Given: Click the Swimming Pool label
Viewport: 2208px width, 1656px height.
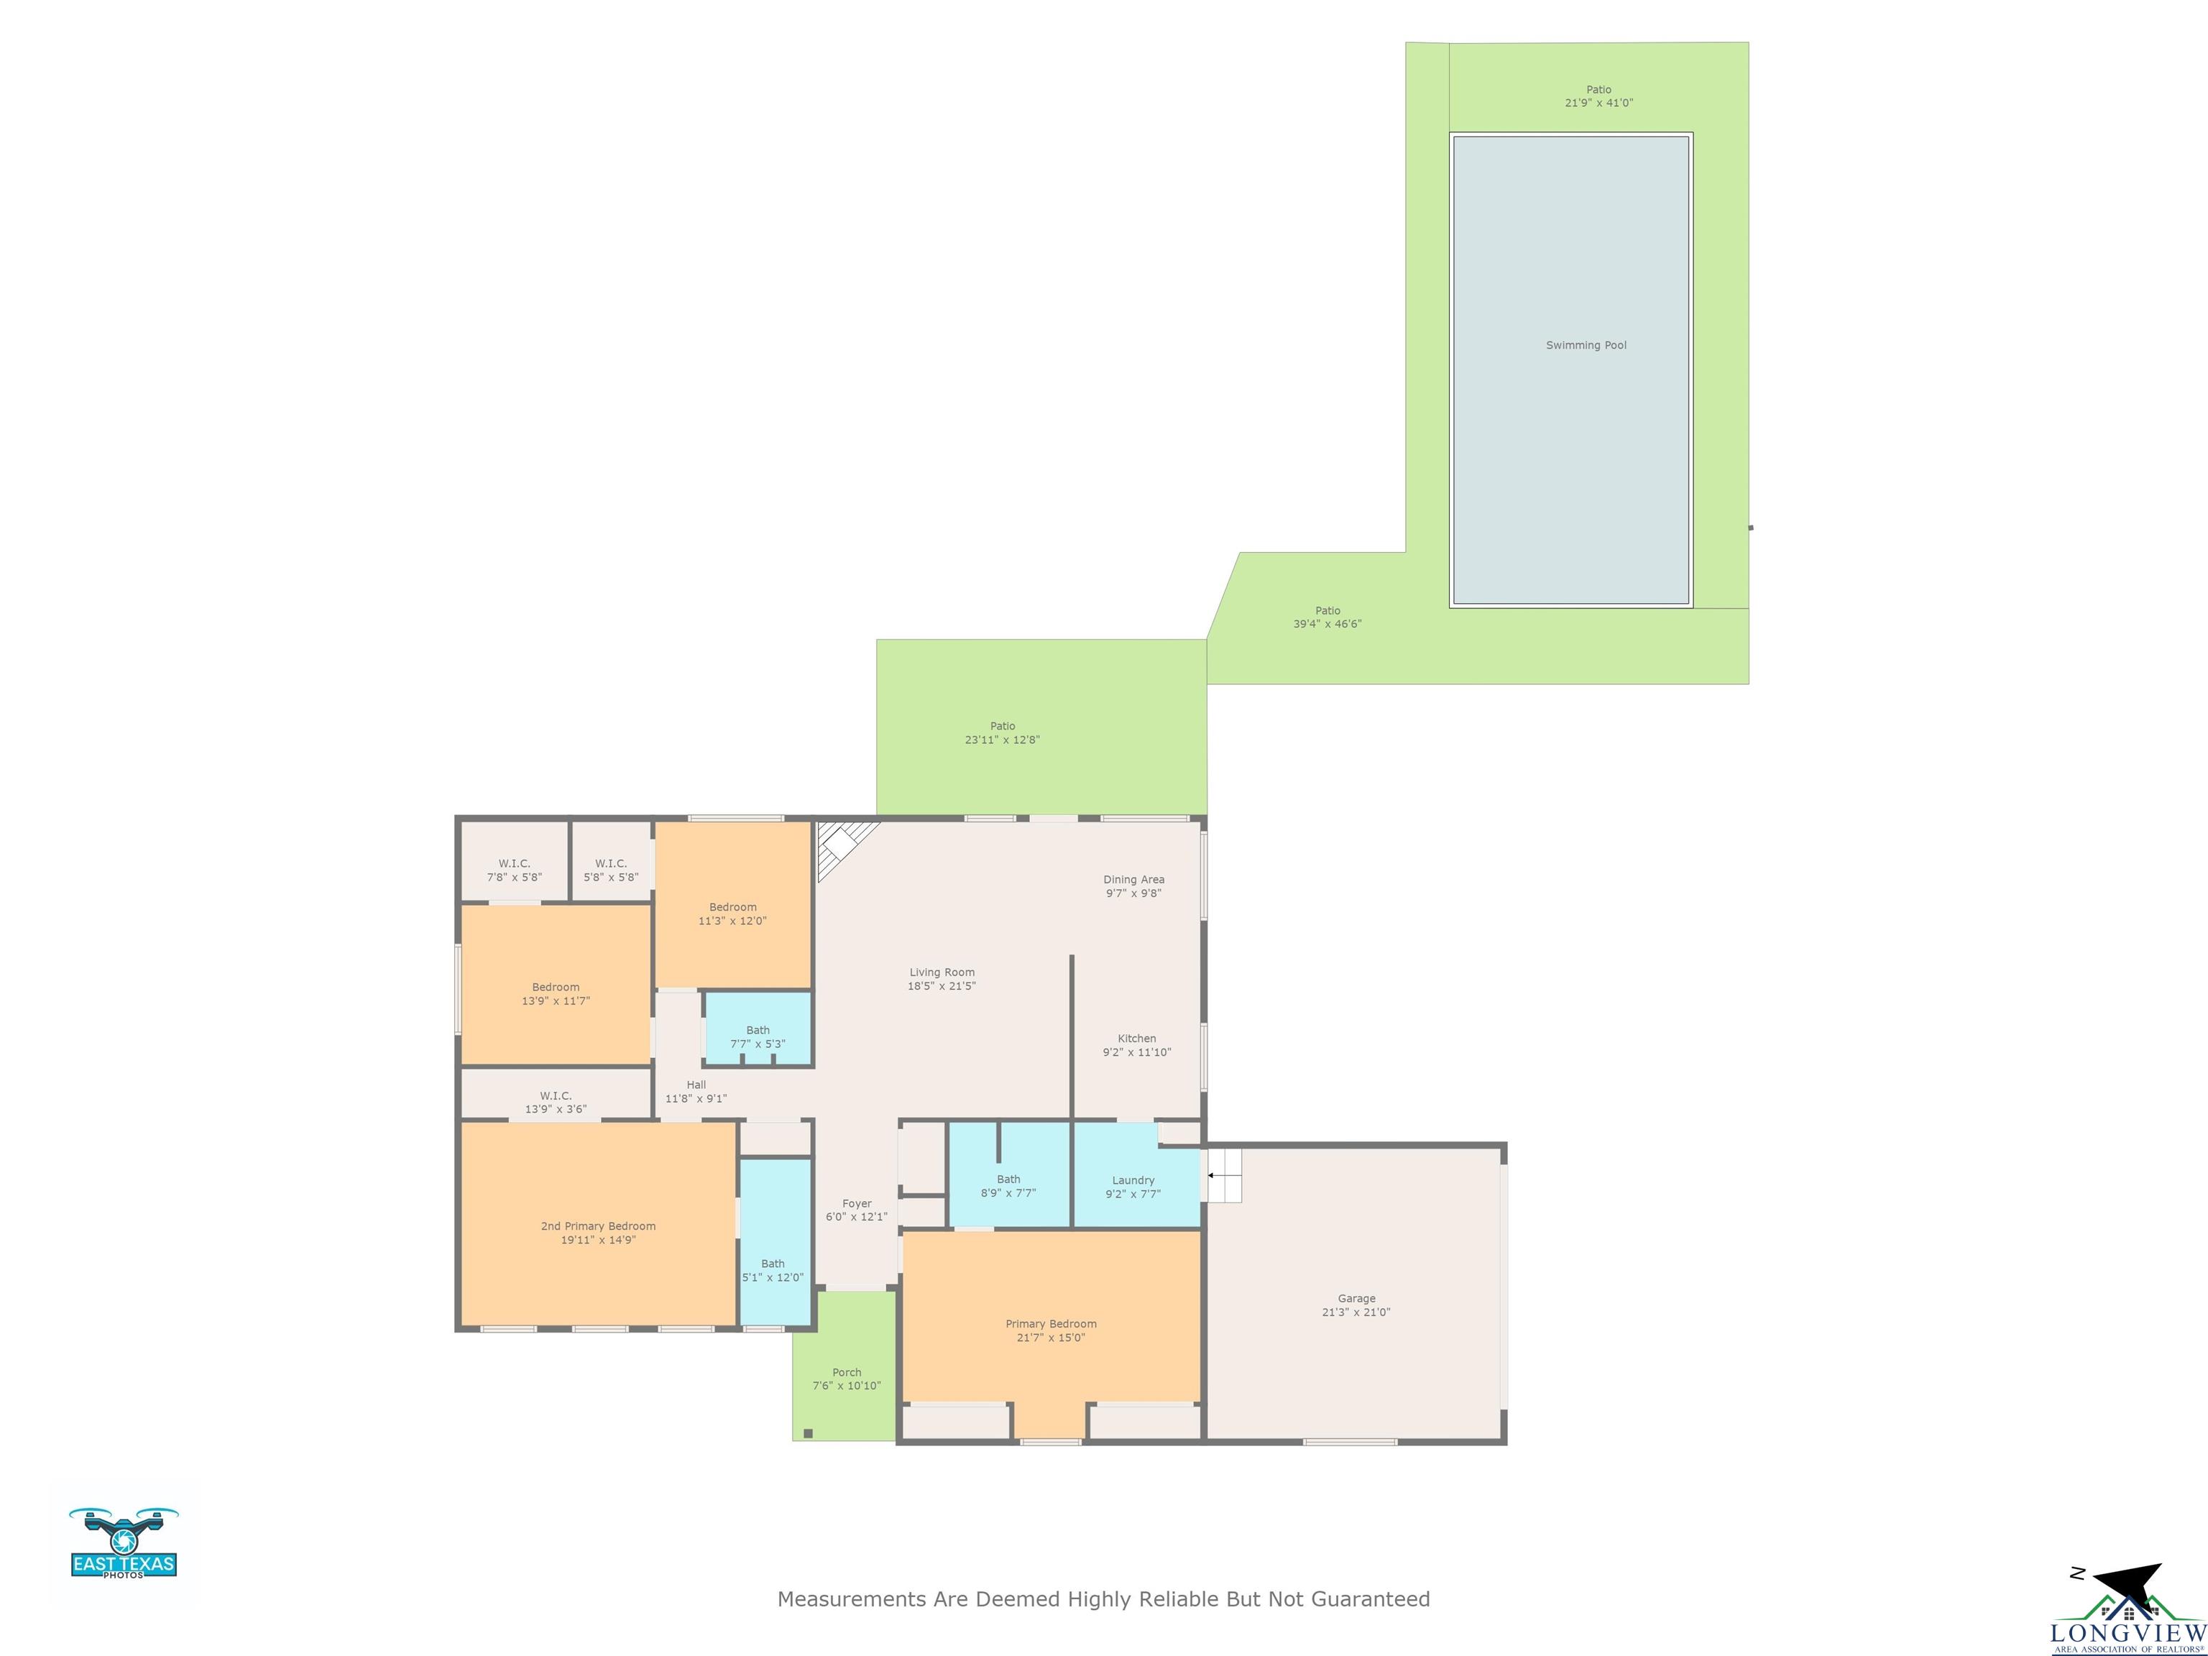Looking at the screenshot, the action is click(1586, 346).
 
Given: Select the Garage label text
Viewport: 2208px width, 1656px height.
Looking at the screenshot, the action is click(1356, 1299).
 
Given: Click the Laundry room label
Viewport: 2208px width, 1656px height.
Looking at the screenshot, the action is click(1133, 1180).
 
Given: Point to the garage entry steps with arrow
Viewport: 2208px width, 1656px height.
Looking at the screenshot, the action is click(1224, 1176).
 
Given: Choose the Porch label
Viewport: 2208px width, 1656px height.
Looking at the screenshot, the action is click(847, 1373).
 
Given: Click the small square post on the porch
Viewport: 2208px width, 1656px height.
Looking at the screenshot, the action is click(809, 1433).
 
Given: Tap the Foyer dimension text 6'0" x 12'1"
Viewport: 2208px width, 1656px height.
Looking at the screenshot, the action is click(857, 1217).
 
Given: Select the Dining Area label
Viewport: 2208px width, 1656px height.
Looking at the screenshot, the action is click(1134, 880).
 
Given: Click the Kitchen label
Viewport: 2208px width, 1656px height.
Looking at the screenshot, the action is click(1137, 1038).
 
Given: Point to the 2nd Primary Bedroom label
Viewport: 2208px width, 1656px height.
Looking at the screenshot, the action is click(598, 1225).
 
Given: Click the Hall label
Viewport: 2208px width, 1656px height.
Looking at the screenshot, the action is click(696, 1085).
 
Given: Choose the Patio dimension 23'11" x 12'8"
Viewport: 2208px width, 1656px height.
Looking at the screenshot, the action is click(1002, 740).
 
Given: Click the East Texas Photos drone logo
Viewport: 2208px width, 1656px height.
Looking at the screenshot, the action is click(124, 1543).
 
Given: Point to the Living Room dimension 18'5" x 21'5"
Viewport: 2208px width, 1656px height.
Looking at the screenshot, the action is click(942, 986).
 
